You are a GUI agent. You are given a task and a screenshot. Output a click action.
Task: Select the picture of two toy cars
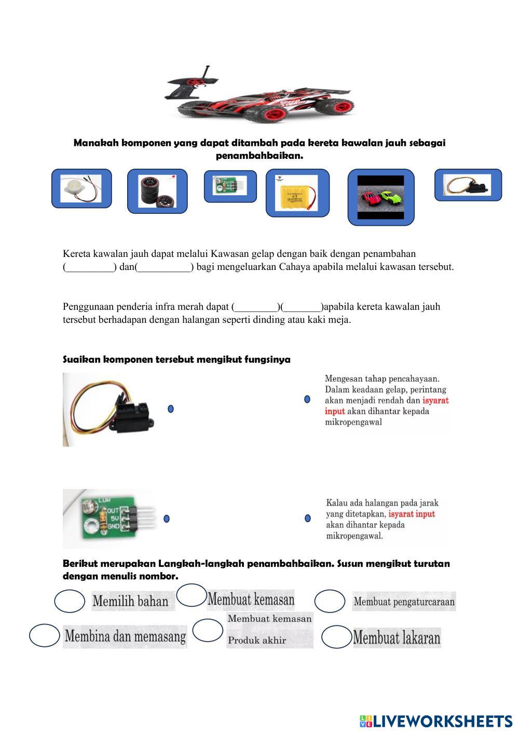[381, 198]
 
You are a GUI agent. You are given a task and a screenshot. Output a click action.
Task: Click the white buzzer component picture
[81, 188]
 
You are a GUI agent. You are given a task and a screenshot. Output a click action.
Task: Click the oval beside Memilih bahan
[70, 601]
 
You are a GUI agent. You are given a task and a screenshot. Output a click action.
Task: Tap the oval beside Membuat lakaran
[336, 637]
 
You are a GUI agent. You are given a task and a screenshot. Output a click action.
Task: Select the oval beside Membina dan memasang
[45, 636]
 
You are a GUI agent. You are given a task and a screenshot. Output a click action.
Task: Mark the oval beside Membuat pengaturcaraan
[330, 601]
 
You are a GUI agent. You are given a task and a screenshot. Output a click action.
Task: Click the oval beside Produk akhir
[208, 631]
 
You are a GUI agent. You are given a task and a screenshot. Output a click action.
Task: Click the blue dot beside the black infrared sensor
[171, 409]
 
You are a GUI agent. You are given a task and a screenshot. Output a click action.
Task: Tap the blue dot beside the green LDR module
[167, 519]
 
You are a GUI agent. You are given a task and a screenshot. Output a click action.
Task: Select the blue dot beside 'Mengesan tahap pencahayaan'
[307, 399]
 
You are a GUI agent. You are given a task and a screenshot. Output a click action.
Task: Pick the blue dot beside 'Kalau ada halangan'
[308, 518]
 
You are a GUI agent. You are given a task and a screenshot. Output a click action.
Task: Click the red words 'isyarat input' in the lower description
[411, 514]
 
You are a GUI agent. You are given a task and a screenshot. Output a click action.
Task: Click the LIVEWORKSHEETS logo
[436, 721]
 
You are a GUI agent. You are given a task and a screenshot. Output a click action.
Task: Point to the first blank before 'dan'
[90, 268]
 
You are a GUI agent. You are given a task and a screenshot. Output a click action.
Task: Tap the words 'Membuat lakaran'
[397, 637]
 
